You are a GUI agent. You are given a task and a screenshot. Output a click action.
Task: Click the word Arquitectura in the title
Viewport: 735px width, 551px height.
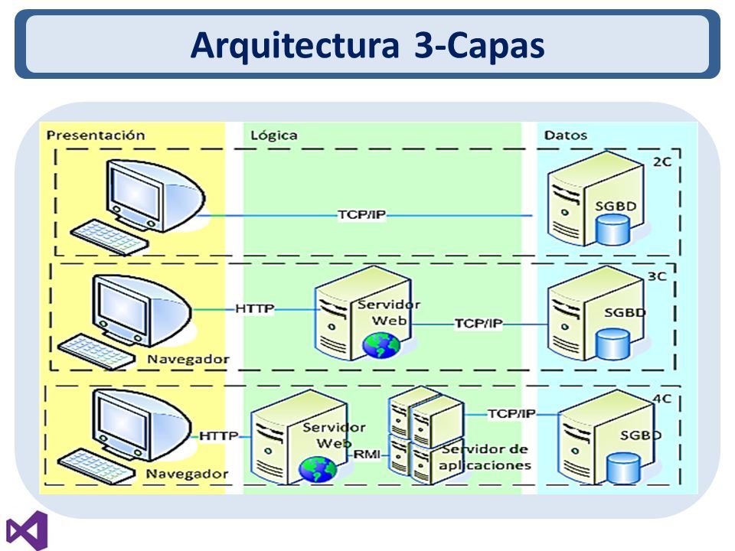[x=295, y=45]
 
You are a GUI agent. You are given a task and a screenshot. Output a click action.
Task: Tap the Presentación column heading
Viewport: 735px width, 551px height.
[x=96, y=135]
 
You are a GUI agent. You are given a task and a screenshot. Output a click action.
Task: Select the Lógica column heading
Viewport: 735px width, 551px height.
[x=274, y=135]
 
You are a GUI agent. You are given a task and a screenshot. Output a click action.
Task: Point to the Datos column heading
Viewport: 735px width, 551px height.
[x=565, y=135]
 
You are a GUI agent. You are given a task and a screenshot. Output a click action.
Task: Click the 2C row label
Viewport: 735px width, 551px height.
[x=661, y=161]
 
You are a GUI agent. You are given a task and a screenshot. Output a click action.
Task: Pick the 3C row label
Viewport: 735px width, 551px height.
[x=657, y=276]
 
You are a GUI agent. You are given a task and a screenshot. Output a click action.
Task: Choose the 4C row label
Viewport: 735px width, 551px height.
[x=661, y=399]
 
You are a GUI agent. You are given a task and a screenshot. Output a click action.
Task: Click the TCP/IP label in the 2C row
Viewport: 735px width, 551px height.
[x=362, y=214]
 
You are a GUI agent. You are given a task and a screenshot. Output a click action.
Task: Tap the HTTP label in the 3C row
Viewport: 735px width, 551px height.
[x=254, y=308]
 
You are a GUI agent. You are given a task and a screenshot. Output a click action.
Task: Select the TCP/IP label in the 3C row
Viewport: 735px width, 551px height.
[x=479, y=323]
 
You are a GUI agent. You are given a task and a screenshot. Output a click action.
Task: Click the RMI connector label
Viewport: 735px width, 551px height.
[x=367, y=454]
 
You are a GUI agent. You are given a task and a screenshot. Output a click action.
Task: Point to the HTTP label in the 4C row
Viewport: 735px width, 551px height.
[x=218, y=435]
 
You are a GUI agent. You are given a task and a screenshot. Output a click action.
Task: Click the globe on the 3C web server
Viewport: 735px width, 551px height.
[x=381, y=345]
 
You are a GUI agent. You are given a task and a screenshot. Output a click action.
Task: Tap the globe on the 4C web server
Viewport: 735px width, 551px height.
[x=318, y=469]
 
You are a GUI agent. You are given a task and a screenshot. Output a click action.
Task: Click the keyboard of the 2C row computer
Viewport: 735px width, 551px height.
[x=109, y=237]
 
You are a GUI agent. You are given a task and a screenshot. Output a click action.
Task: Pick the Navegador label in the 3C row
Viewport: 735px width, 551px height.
[x=188, y=360]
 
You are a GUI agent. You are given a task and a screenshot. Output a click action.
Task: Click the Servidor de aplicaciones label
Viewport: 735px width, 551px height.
[x=485, y=458]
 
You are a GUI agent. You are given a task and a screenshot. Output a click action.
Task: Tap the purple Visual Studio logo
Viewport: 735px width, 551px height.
[x=28, y=531]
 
